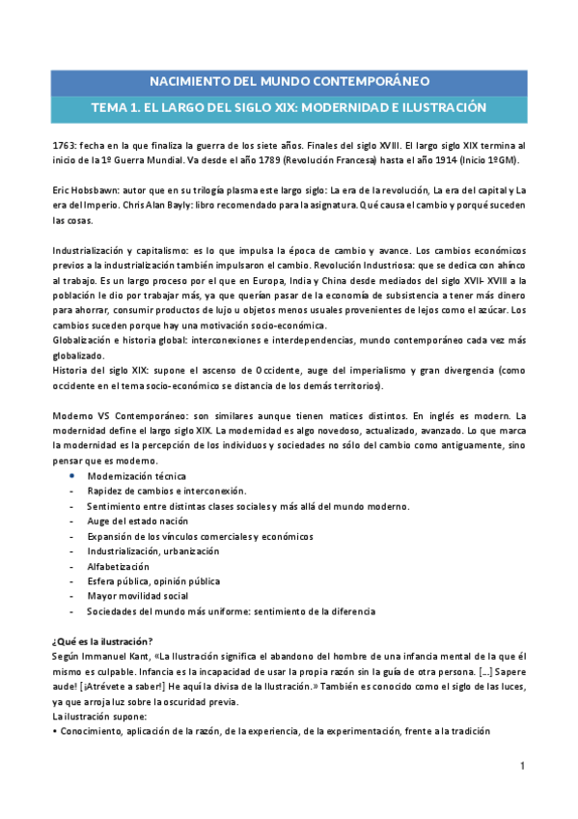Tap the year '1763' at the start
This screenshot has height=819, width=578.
(x=65, y=144)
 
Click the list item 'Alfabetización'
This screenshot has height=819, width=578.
(x=118, y=566)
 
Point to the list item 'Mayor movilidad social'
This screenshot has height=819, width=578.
(x=137, y=596)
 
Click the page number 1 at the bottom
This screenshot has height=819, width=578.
(x=522, y=766)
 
